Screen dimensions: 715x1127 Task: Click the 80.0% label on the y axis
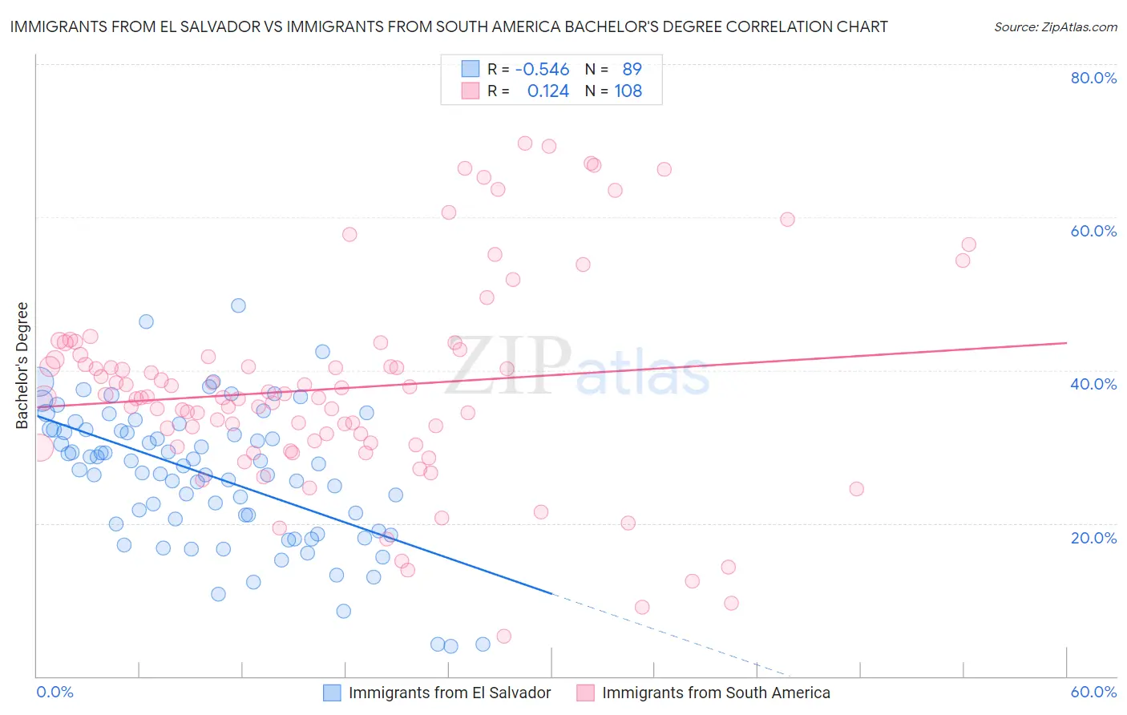tap(1093, 78)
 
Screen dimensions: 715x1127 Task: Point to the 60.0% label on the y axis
tap(1093, 231)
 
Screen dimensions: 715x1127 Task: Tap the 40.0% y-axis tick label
tap(1093, 384)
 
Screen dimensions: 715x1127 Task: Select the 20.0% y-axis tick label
tap(1093, 538)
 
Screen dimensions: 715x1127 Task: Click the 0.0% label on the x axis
tap(55, 692)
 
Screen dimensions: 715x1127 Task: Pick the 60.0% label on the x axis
tap(1093, 692)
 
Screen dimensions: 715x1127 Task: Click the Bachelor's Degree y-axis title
tap(22, 366)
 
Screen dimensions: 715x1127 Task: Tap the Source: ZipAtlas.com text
tap(1055, 27)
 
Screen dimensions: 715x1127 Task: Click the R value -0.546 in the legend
tap(542, 70)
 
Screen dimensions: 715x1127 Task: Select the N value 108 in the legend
tap(628, 91)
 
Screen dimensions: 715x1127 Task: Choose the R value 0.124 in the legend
tap(547, 91)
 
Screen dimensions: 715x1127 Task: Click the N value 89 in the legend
tap(632, 70)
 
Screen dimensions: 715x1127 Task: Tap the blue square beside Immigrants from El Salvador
tap(333, 693)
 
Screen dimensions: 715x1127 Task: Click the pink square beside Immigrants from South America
tap(586, 693)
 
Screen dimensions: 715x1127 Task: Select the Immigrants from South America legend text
tap(716, 693)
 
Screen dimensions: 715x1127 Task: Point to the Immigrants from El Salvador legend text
tap(450, 693)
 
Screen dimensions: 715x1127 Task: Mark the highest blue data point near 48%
tap(238, 305)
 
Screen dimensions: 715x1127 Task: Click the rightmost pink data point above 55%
tap(968, 244)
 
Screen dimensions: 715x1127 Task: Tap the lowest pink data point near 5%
tap(503, 636)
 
